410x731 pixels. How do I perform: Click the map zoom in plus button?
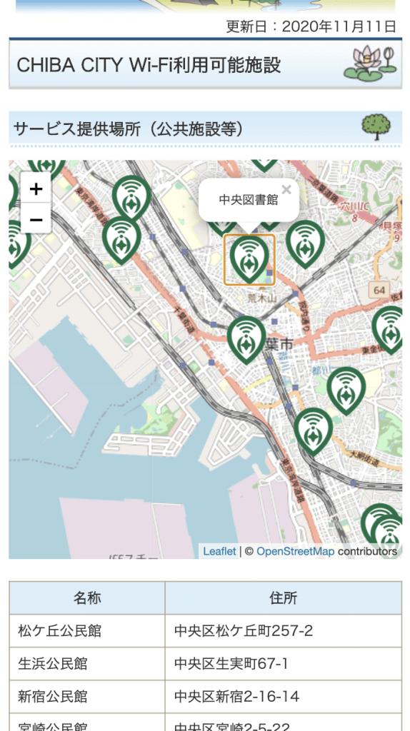[36, 189]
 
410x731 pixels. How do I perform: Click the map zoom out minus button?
[36, 218]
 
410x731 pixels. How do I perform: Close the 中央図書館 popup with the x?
[286, 190]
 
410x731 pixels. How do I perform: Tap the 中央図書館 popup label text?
[248, 200]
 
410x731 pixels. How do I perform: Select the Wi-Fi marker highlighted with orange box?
[249, 259]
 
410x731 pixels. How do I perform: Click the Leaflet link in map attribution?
[219, 551]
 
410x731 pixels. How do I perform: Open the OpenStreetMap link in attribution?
[295, 551]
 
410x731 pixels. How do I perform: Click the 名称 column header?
[87, 598]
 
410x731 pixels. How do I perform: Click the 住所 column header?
[283, 598]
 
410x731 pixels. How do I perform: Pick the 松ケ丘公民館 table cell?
[60, 631]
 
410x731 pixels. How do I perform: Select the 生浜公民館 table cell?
[53, 664]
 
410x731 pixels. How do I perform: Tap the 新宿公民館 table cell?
[53, 697]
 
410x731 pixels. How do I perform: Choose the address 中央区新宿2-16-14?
[236, 697]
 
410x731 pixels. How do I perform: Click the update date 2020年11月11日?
[339, 27]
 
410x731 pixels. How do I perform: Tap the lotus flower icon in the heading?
[369, 64]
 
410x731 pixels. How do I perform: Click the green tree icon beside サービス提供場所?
[376, 128]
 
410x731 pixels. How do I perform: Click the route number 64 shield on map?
[379, 290]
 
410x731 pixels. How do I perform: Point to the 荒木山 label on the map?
[261, 298]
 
